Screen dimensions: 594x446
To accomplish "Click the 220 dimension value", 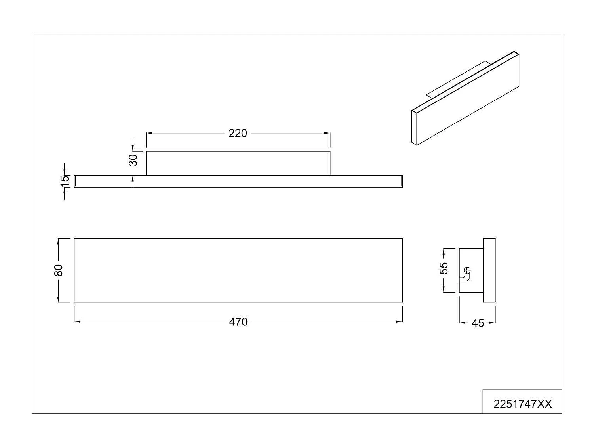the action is pyautogui.click(x=238, y=133).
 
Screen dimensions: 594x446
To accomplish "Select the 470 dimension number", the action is pyautogui.click(x=238, y=322).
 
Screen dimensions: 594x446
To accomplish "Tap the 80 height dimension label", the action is pyautogui.click(x=59, y=270).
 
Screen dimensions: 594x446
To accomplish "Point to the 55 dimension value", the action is pyautogui.click(x=444, y=268).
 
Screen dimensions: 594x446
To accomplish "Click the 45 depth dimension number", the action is pyautogui.click(x=478, y=323).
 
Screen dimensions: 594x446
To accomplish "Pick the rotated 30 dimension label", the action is pyautogui.click(x=133, y=160).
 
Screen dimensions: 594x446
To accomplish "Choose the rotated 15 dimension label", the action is pyautogui.click(x=65, y=181).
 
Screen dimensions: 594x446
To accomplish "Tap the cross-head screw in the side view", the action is pyautogui.click(x=467, y=270).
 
